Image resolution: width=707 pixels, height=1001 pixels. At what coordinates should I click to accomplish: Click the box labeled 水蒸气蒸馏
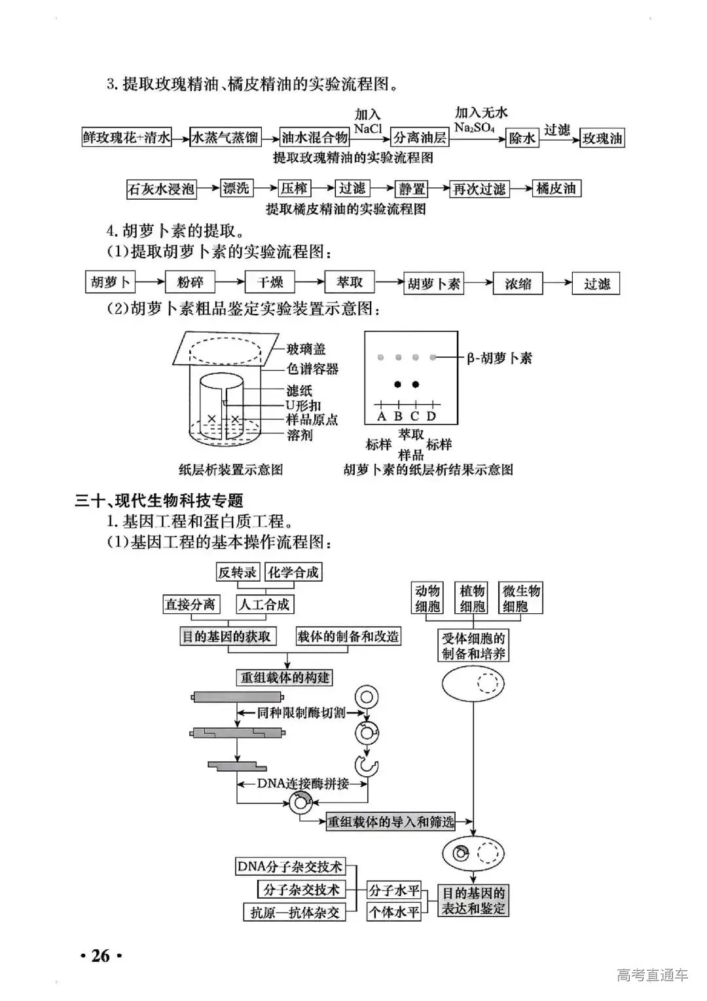(225, 138)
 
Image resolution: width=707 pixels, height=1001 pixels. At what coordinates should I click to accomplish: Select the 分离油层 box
(420, 138)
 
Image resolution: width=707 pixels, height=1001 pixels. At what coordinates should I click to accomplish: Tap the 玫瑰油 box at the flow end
(603, 138)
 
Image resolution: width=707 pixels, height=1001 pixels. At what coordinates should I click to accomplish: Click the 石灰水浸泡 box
(161, 189)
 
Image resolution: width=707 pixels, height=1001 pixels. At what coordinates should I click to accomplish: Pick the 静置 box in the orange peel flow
(412, 189)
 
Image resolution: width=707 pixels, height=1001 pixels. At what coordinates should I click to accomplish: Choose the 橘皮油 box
(556, 189)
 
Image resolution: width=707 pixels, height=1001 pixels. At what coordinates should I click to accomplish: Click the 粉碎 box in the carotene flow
(190, 282)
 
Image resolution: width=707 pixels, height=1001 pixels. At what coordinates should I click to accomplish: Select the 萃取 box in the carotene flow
(350, 282)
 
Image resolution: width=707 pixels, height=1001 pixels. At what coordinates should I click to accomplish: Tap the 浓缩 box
(518, 284)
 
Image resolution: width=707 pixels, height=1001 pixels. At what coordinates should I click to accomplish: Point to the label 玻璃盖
(306, 349)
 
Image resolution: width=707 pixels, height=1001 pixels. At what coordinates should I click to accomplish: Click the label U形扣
(303, 406)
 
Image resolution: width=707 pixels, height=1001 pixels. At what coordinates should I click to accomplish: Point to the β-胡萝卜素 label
(499, 358)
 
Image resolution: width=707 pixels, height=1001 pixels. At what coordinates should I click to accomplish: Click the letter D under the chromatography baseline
(431, 417)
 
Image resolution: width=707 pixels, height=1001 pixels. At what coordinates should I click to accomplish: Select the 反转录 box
(238, 572)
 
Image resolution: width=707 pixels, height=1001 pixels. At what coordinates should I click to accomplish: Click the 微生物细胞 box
(521, 598)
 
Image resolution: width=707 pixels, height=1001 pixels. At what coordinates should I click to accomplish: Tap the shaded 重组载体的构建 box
(285, 677)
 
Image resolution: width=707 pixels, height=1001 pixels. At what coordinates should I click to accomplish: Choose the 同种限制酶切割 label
(301, 713)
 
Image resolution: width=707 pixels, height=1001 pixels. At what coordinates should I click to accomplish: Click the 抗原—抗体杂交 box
(295, 912)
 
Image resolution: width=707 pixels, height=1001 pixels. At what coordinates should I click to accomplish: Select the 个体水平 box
(394, 912)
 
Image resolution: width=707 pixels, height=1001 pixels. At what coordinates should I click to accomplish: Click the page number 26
(101, 956)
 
